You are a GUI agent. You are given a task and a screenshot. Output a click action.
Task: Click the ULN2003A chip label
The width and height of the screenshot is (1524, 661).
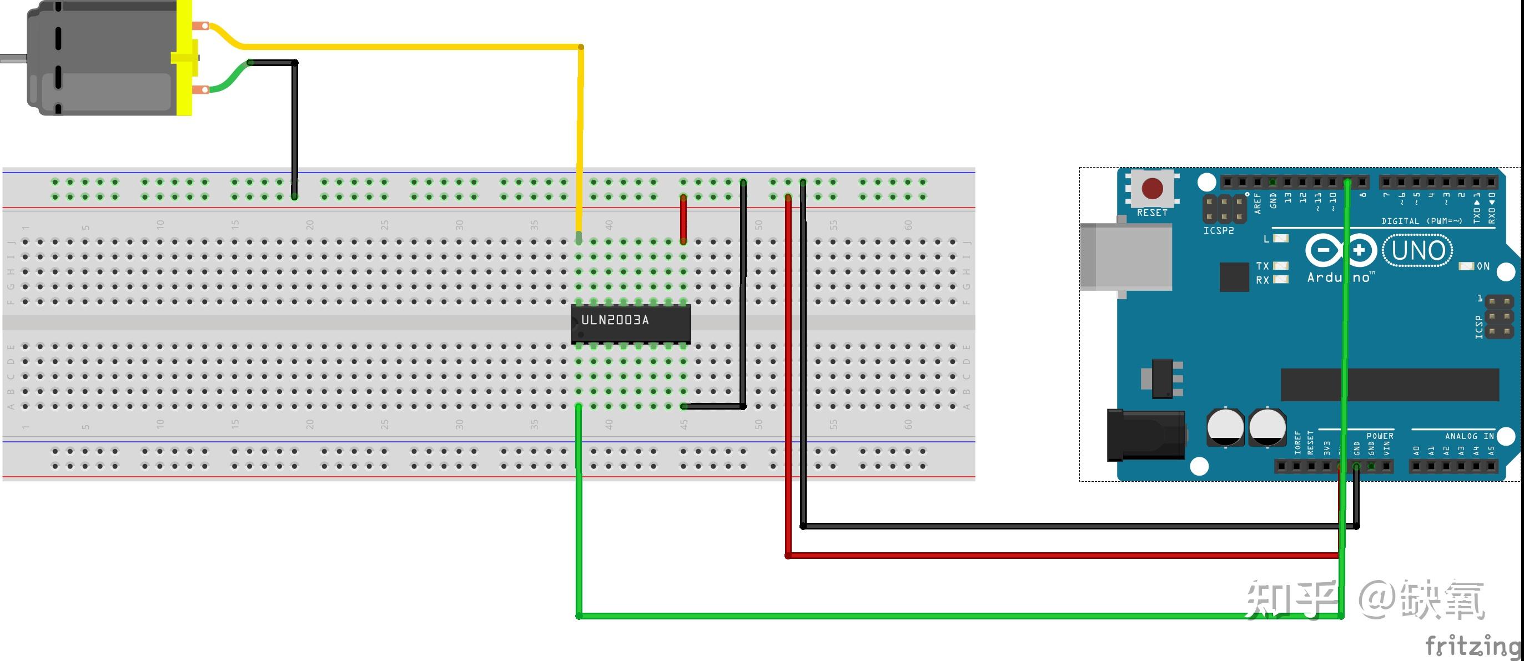point(615,320)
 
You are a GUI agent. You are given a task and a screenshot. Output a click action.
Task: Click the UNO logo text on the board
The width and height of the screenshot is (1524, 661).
point(1418,251)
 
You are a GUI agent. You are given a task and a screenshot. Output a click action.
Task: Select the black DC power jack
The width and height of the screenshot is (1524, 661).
point(1145,436)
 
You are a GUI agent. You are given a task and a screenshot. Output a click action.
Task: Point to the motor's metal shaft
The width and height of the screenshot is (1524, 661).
point(12,58)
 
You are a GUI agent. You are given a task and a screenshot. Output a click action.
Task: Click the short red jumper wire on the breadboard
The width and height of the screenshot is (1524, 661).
point(683,219)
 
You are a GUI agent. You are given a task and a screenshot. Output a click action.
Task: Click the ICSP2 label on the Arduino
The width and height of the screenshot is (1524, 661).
point(1219,230)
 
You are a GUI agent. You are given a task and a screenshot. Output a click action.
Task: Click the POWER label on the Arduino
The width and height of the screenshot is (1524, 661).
point(1380,436)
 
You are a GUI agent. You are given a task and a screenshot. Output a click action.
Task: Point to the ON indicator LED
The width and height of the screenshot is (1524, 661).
point(1466,266)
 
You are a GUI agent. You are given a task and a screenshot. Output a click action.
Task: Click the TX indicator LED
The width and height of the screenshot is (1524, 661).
point(1281,266)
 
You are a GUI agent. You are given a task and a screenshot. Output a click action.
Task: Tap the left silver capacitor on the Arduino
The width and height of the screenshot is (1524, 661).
point(1225,427)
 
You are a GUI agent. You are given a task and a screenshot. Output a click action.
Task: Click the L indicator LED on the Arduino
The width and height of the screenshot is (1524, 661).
point(1281,238)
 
